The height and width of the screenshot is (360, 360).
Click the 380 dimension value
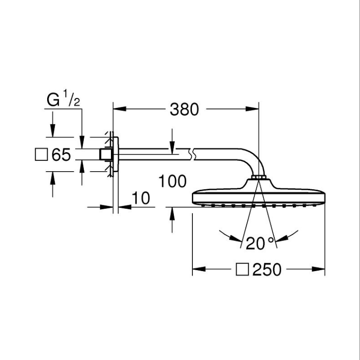[x=184, y=109]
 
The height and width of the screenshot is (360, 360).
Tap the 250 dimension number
[x=267, y=269]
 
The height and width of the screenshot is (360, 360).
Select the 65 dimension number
[x=61, y=155]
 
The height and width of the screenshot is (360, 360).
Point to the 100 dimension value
[x=172, y=181]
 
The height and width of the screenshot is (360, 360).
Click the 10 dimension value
[x=140, y=198]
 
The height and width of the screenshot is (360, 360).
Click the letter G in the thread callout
[x=53, y=100]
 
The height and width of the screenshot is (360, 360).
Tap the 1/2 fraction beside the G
[x=71, y=98]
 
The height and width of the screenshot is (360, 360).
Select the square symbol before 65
[x=41, y=155]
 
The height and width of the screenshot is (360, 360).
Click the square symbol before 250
[x=242, y=269]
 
